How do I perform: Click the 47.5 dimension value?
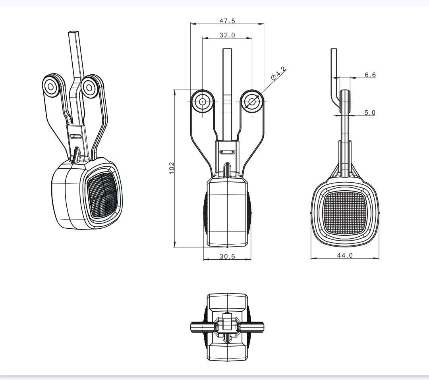coord(227,21)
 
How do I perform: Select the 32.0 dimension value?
coord(227,35)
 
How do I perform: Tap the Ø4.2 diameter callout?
coord(279,74)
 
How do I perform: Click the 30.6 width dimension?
coord(227,257)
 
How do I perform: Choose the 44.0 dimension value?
coord(345,255)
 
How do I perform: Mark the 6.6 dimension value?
coord(370,74)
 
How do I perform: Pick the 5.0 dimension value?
coord(370,112)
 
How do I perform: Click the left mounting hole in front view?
coord(203,102)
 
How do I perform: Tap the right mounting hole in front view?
coord(252,102)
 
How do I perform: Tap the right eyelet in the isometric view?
coord(89,86)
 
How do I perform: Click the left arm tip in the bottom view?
coord(193,327)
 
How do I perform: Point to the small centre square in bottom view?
coord(227,324)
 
